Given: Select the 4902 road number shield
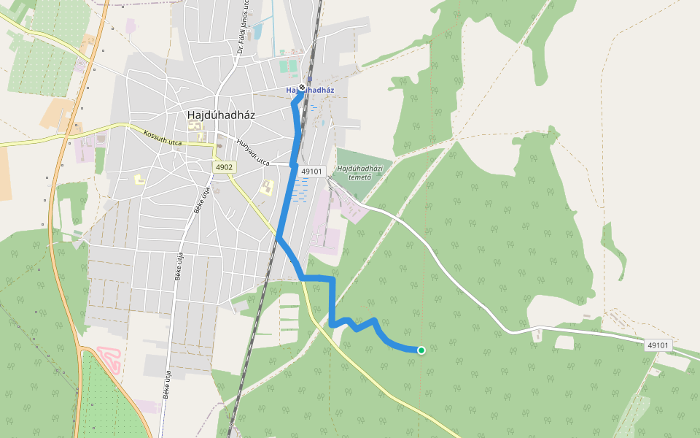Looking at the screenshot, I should pyautogui.click(x=224, y=167).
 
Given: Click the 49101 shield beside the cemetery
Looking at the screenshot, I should pyautogui.click(x=311, y=171).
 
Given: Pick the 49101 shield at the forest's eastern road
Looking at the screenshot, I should pyautogui.click(x=657, y=345).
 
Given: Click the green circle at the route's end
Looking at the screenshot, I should pyautogui.click(x=421, y=350).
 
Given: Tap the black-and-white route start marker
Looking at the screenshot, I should pyautogui.click(x=301, y=88).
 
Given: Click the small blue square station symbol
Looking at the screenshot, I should pyautogui.click(x=309, y=80).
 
